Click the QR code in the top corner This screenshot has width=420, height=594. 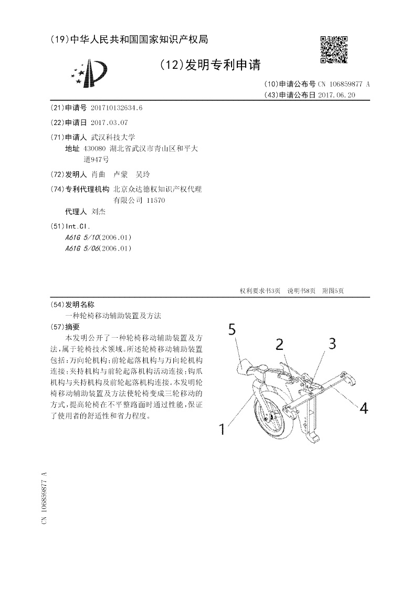[333, 49]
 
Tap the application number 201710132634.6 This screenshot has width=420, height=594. [117, 108]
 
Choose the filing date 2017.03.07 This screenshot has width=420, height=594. [109, 122]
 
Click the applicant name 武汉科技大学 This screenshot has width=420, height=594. [113, 137]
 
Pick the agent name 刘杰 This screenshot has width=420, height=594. [98, 212]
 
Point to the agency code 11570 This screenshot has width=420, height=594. [154, 200]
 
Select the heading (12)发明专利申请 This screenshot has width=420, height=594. [209, 65]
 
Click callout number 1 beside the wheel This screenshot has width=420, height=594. [223, 430]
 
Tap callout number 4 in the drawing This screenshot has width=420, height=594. [363, 407]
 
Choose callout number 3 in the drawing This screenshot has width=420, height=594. [332, 343]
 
